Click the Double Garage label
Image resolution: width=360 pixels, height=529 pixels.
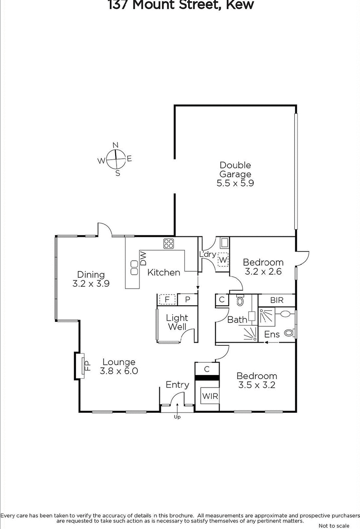[x=235, y=174]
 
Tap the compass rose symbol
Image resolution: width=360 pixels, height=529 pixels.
[x=116, y=158]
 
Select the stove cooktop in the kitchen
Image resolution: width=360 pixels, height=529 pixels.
[x=169, y=244]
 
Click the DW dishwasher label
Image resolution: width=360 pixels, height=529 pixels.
[x=144, y=258]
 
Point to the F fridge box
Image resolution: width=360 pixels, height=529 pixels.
[x=167, y=299]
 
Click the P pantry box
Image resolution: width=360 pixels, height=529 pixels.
[x=187, y=299]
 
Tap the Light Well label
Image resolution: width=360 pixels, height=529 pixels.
[x=177, y=322]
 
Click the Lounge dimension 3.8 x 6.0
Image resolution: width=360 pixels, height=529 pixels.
[x=119, y=371]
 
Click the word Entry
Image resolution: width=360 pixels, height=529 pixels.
[x=177, y=384]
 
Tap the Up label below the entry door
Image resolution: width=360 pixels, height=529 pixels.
[x=178, y=417]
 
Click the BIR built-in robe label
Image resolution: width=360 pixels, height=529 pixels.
[x=276, y=300]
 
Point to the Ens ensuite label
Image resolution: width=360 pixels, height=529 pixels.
[x=272, y=335]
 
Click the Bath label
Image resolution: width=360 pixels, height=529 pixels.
[x=237, y=320]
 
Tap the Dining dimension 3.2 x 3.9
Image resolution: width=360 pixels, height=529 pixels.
[x=91, y=284]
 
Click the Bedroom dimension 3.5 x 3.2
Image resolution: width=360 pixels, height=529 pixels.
[x=256, y=385]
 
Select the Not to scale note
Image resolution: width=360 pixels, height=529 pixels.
[x=333, y=525]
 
